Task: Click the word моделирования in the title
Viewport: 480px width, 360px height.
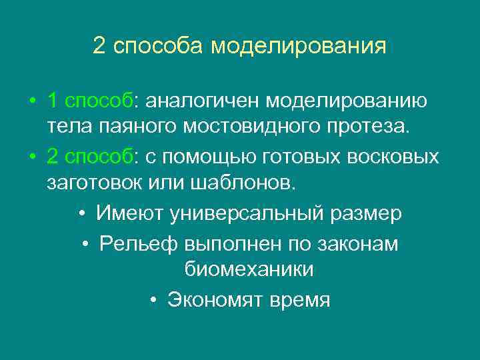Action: tap(299, 46)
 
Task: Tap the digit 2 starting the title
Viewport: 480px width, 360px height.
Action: tap(99, 46)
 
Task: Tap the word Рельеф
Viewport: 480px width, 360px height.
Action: tap(138, 244)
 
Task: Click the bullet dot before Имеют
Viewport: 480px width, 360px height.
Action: tap(81, 214)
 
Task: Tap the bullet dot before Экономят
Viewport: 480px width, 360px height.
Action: tap(153, 300)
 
